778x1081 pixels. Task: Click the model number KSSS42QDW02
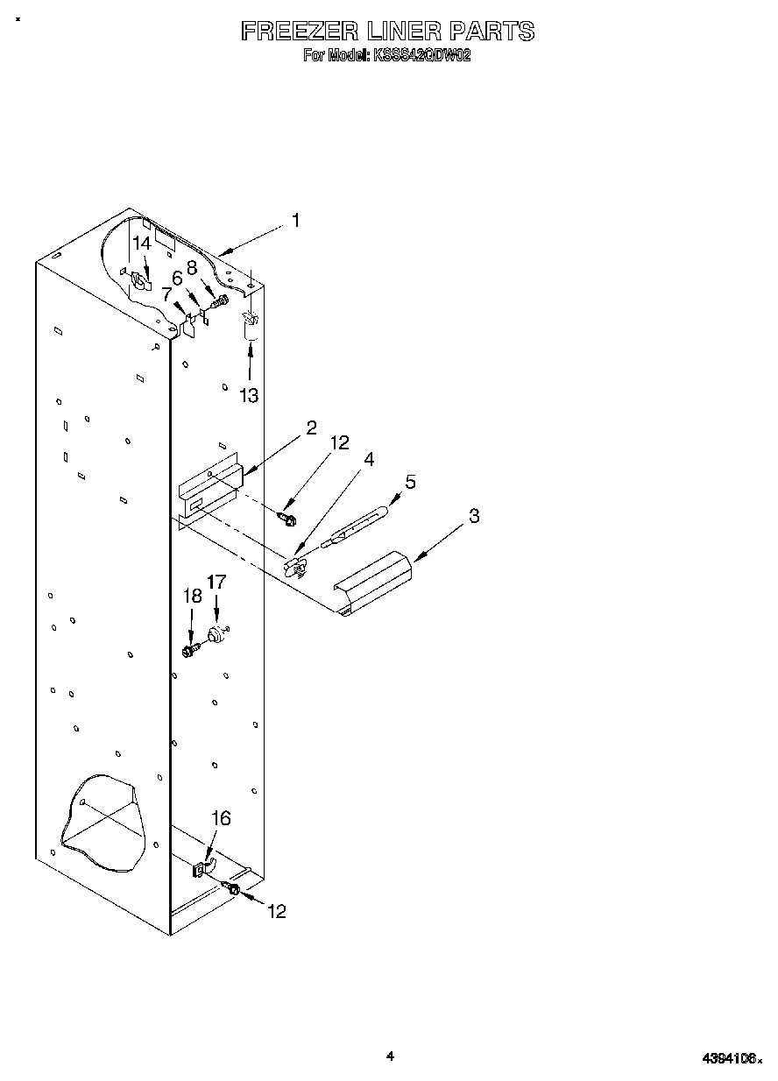pyautogui.click(x=422, y=55)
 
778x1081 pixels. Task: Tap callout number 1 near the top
pyautogui.click(x=296, y=221)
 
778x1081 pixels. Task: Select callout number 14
pyautogui.click(x=142, y=244)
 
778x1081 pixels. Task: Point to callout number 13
pyautogui.click(x=250, y=396)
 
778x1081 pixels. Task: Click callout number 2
pyautogui.click(x=311, y=427)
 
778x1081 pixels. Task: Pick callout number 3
pyautogui.click(x=474, y=516)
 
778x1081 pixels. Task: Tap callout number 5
pyautogui.click(x=410, y=482)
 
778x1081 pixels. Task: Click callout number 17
pyautogui.click(x=216, y=582)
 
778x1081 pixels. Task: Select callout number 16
pyautogui.click(x=222, y=817)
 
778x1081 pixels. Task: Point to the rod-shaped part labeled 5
pyautogui.click(x=354, y=529)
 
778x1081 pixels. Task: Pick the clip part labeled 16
pyautogui.click(x=202, y=870)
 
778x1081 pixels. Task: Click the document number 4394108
pyautogui.click(x=731, y=1058)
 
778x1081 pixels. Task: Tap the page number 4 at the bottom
pyautogui.click(x=390, y=1056)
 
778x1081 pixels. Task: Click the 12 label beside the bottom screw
pyautogui.click(x=276, y=912)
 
